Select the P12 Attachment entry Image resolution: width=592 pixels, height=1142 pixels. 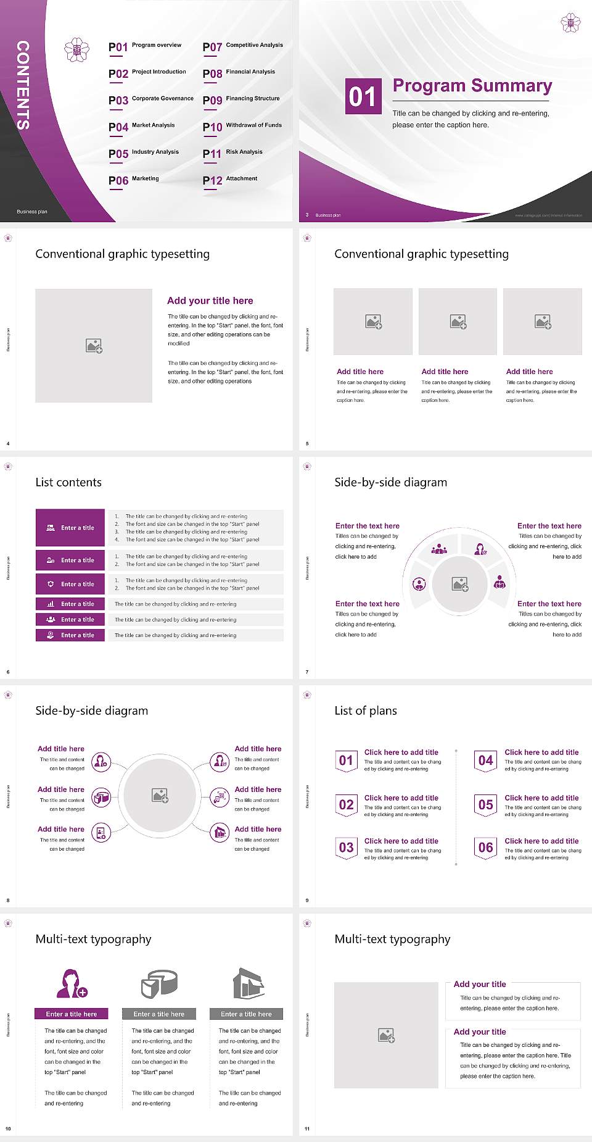coord(230,180)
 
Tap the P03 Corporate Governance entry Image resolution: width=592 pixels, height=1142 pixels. coord(151,99)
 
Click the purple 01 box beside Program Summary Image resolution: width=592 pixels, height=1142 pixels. coord(363,96)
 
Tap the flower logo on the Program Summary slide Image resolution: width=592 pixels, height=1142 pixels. coord(570,23)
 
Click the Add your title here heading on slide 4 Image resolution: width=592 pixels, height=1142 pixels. coord(210,301)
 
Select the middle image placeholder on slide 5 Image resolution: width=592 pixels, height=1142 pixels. coord(458,322)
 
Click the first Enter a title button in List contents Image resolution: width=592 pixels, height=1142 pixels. coord(70,528)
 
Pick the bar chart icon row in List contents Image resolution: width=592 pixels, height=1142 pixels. coord(70,604)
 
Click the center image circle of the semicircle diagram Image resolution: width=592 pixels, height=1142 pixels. coord(459,583)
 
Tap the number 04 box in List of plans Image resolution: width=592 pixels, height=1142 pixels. coord(486,761)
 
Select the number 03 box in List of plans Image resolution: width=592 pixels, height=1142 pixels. coord(346,848)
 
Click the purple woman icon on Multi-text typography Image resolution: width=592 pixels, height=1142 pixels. coord(72,984)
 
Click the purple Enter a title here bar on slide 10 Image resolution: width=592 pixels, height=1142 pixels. coord(72,1014)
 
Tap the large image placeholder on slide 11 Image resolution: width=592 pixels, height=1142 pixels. coord(386,1035)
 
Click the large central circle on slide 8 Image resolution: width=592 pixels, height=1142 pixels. coord(160,795)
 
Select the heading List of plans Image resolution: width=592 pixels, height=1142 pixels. coord(366,711)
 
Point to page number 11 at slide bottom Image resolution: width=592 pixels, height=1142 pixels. coord(307,1128)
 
